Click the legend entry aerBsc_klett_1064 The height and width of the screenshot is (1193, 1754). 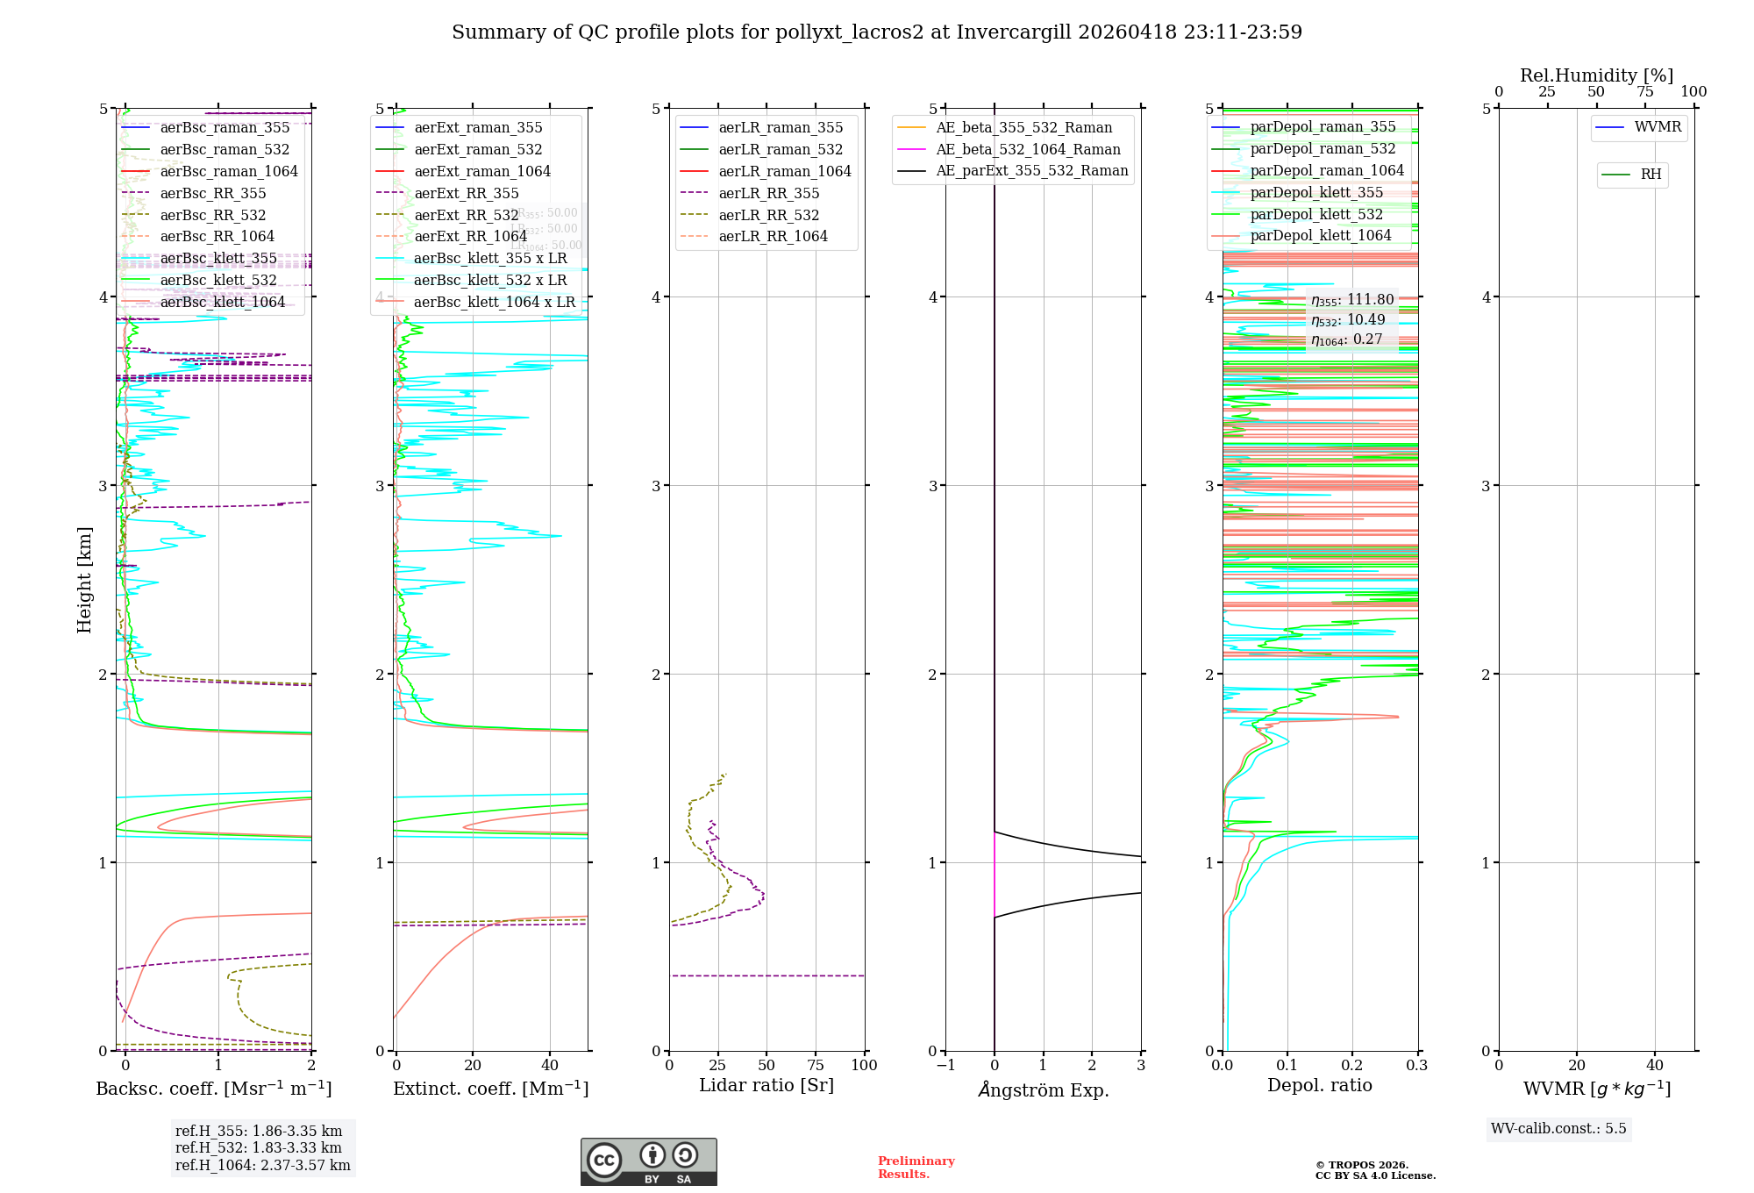223,302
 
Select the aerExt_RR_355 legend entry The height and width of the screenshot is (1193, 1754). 467,193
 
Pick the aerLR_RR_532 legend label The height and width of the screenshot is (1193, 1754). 769,215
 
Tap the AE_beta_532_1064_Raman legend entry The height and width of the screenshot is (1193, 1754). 1028,149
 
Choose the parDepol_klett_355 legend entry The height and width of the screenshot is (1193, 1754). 1316,192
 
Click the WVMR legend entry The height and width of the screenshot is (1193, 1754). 1658,127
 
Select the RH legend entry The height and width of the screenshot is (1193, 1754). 1651,175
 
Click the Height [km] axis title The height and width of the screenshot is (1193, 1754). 84,579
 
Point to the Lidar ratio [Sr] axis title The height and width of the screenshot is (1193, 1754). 766,1085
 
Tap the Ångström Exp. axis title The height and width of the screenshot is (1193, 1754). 1043,1089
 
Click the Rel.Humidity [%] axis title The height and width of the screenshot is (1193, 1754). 1596,75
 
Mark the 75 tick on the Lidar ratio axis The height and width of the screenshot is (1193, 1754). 816,1065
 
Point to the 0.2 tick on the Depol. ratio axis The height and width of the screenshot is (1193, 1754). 1352,1065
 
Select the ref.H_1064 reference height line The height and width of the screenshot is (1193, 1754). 262,1165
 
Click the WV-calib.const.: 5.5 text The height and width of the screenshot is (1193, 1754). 1558,1128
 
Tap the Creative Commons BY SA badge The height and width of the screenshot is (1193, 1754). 648,1161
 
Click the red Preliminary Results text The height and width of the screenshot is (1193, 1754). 916,1167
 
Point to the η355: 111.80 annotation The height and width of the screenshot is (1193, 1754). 1351,300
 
